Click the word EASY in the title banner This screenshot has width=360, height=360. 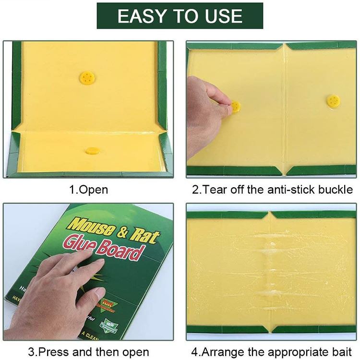142,16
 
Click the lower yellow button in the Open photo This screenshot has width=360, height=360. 92,150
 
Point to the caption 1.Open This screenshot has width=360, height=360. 89,189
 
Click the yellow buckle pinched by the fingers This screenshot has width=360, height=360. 236,107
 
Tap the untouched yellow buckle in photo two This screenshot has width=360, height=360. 333,101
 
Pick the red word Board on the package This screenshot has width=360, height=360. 123,252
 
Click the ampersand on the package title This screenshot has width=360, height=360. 123,231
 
